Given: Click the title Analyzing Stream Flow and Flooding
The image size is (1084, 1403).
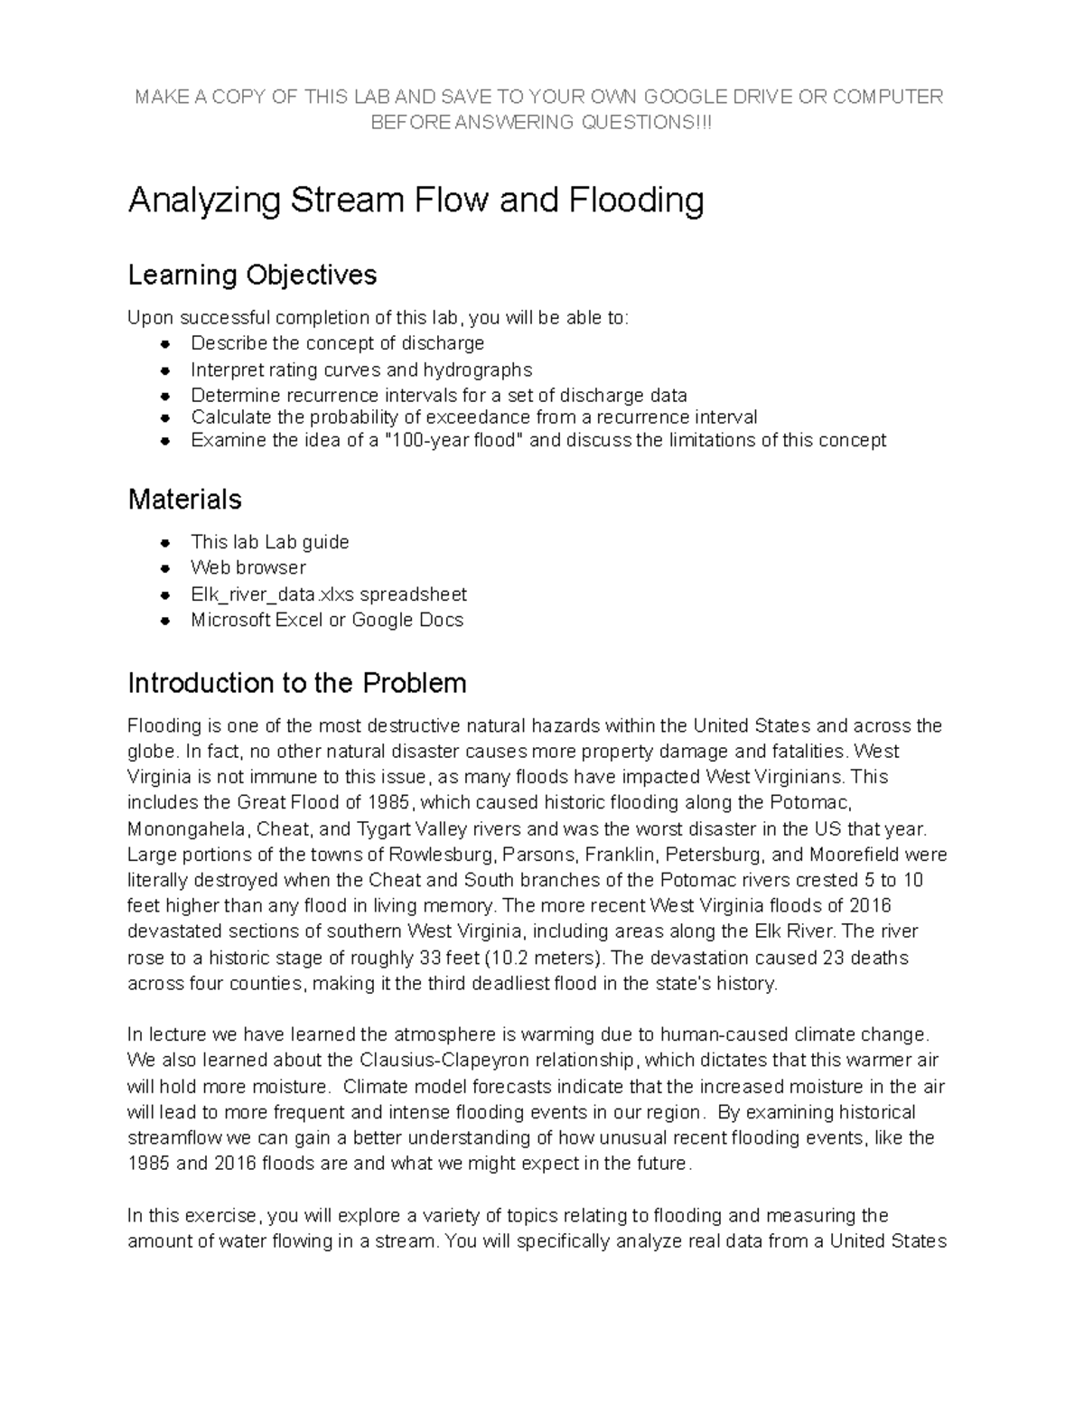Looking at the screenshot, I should pos(416,201).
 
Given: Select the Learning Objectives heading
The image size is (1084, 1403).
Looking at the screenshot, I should pos(252,275).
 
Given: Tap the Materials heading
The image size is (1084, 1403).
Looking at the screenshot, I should pos(184,499).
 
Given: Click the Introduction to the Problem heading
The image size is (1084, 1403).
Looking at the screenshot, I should pos(297,683).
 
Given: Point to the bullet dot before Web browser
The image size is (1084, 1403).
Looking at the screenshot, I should pos(164,568).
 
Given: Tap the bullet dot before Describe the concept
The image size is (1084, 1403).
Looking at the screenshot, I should pos(164,344).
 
